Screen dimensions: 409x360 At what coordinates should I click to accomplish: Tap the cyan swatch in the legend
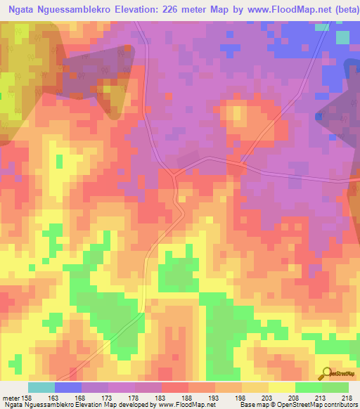tap(41, 387)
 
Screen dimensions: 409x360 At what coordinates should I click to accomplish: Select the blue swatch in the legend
tap(68, 387)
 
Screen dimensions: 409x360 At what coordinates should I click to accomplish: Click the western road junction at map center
tap(174, 171)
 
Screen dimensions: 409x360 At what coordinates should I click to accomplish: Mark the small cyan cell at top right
tap(322, 27)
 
